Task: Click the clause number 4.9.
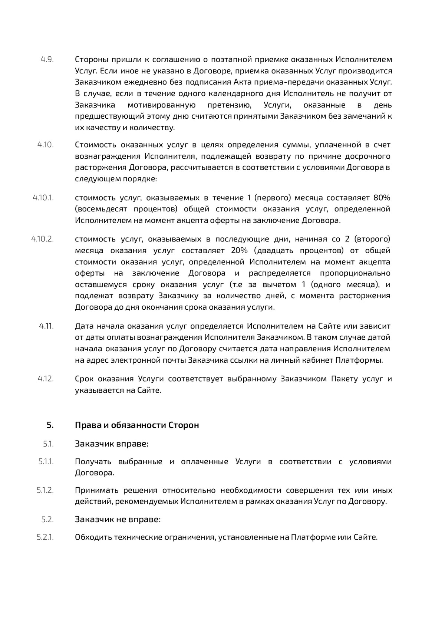point(47,59)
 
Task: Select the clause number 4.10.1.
point(43,198)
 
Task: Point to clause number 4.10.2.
point(43,239)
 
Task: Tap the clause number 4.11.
point(46,326)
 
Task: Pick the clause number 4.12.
point(46,379)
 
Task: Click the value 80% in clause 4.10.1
point(382,198)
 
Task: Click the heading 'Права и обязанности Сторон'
point(137,425)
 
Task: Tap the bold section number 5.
point(50,425)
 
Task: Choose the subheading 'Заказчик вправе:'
point(112,444)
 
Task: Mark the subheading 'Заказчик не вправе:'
point(118,519)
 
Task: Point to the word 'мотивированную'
point(162,105)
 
